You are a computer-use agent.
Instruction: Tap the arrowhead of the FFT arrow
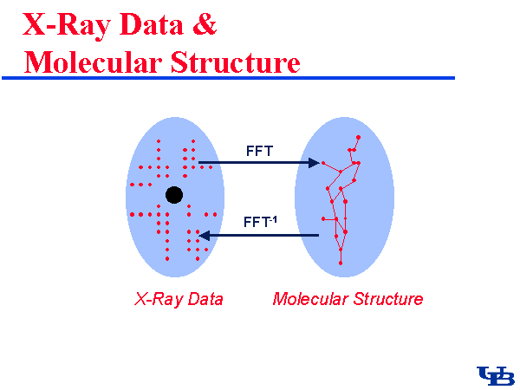316,162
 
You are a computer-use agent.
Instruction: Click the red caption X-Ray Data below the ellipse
179,300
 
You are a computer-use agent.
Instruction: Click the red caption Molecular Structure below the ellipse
348,300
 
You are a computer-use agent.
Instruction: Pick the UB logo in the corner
496,374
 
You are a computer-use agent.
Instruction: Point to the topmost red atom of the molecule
358,137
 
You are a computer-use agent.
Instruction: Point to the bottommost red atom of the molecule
341,263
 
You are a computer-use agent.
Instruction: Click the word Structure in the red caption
387,300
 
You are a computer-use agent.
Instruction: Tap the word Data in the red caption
205,300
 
